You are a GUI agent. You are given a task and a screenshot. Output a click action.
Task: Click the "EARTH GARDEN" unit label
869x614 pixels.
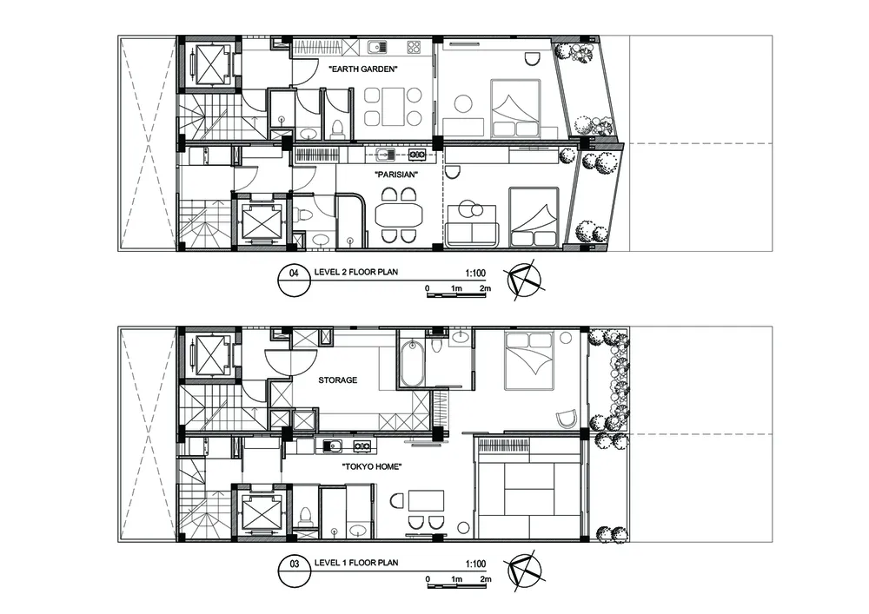coord(363,69)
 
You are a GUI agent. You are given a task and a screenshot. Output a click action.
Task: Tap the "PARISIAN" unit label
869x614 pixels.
coord(396,175)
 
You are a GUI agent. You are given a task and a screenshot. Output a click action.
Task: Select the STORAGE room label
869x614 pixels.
coord(337,380)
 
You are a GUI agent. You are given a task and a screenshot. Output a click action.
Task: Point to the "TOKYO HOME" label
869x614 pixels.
coord(371,466)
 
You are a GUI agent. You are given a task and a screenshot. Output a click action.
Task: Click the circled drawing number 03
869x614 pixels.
coord(295,564)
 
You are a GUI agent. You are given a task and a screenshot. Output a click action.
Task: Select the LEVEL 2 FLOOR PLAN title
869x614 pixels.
coord(355,272)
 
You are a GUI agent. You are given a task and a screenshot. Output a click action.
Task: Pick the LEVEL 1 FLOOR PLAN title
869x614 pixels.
coord(355,563)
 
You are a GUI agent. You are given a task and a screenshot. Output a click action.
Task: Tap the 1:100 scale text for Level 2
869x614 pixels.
coord(475,273)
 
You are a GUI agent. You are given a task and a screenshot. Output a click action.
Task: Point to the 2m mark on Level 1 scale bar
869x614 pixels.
coord(485,579)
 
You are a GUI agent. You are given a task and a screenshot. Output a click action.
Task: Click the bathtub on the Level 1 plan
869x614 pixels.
coord(412,364)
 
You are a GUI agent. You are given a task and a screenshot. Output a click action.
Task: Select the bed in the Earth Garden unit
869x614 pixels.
coord(515,108)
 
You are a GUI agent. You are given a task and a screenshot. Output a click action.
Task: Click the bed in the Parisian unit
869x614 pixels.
coord(534,216)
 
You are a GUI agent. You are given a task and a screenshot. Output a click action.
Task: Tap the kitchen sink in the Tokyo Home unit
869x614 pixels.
coord(331,446)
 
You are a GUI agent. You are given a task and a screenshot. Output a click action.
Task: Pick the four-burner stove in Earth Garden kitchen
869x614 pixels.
coord(414,47)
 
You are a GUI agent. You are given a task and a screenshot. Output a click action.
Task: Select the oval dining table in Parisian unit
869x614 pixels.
coord(399,215)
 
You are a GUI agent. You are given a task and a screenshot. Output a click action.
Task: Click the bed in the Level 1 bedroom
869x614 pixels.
coord(528,360)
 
